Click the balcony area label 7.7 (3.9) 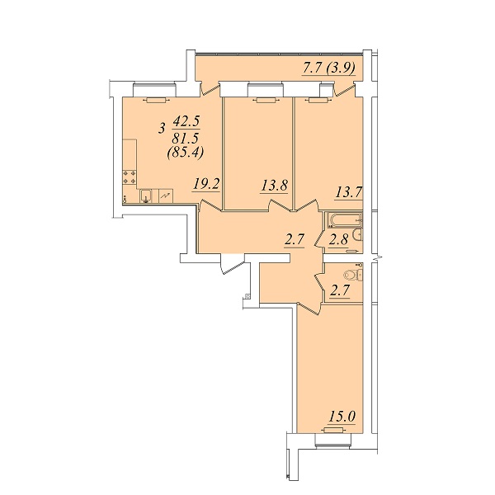click(329, 68)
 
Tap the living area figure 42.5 click(186, 121)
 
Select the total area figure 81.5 click(186, 138)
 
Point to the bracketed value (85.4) click(186, 153)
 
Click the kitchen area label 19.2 click(206, 184)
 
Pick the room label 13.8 click(275, 186)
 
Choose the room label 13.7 click(348, 192)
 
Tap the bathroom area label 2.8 click(338, 239)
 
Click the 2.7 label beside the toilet click(339, 290)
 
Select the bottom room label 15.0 click(342, 417)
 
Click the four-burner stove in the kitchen click(130, 177)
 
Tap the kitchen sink click(146, 196)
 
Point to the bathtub click(345, 219)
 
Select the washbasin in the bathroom click(358, 234)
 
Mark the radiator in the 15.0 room click(333, 430)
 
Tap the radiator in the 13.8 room click(266, 101)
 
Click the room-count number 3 click(163, 129)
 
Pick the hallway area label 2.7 click(295, 240)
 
